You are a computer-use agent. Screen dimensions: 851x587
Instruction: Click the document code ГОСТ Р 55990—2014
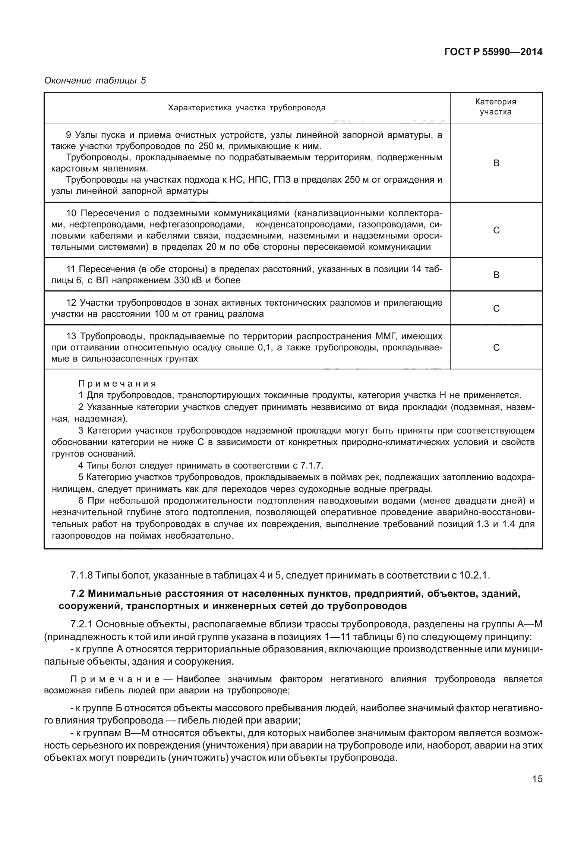493,53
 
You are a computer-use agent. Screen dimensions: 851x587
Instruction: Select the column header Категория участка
496,107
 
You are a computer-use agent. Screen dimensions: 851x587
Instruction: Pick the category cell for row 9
496,163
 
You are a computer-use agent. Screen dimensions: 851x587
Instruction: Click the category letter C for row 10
496,230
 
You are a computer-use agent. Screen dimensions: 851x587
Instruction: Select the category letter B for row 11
496,275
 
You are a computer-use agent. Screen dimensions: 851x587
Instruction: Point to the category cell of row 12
496,309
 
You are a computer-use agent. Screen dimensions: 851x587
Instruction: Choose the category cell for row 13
496,348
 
